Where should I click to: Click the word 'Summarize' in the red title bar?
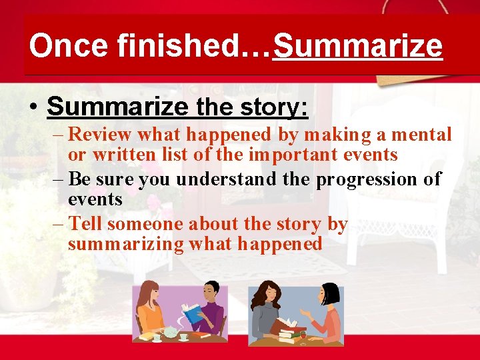click(357, 47)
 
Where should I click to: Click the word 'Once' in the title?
click(59, 47)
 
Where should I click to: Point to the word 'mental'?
click(421, 135)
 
